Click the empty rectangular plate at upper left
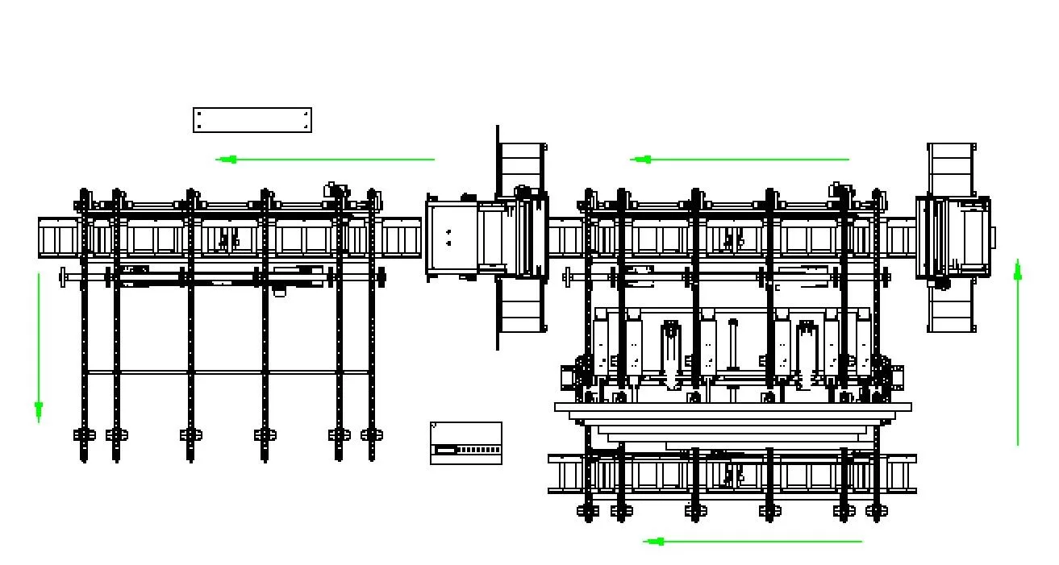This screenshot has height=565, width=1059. click(252, 120)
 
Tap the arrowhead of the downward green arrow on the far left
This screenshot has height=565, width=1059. click(39, 409)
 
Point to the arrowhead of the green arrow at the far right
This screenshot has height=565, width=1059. click(1018, 272)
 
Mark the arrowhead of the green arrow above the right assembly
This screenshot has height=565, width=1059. click(643, 160)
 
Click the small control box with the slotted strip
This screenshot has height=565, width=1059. click(466, 443)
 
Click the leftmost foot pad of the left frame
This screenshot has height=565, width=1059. click(84, 434)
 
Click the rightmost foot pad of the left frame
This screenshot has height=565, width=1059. click(372, 434)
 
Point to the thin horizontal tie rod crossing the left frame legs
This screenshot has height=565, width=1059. click(227, 372)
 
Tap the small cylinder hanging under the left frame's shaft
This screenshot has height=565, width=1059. click(279, 291)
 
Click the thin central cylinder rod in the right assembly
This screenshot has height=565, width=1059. click(733, 347)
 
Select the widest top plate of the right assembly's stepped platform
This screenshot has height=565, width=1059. click(732, 407)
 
